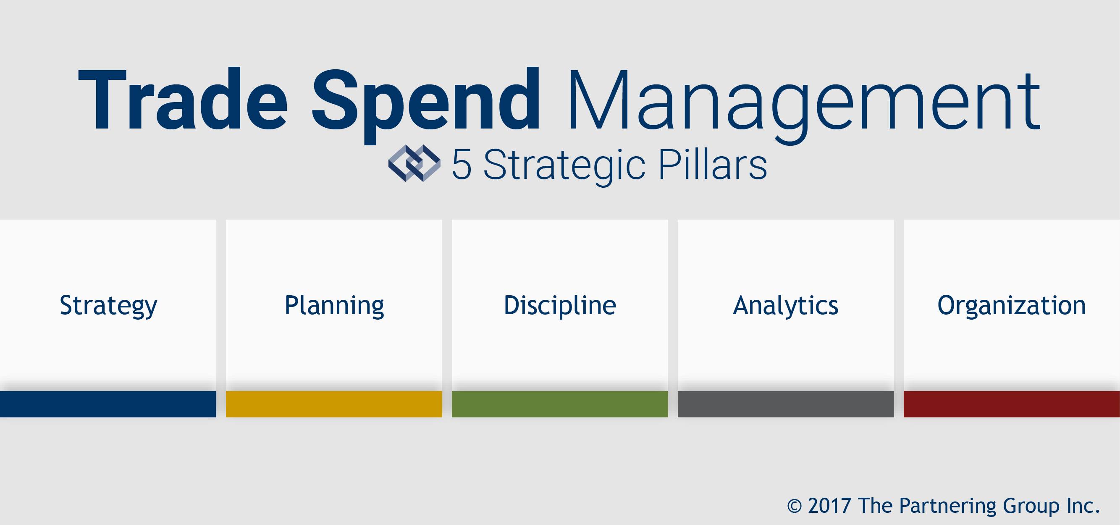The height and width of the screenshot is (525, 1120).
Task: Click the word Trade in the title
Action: pyautogui.click(x=183, y=99)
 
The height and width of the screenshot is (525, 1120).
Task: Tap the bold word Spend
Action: pyautogui.click(x=426, y=105)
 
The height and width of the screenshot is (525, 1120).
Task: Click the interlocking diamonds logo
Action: pyautogui.click(x=414, y=163)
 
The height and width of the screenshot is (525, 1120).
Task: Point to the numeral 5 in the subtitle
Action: pyautogui.click(x=462, y=164)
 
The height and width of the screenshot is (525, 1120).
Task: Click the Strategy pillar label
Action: pyautogui.click(x=108, y=306)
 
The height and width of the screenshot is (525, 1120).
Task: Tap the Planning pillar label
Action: pyautogui.click(x=334, y=306)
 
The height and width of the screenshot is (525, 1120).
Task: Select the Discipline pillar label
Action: pyautogui.click(x=560, y=305)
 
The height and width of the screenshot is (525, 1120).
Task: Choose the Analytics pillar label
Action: pyautogui.click(x=786, y=306)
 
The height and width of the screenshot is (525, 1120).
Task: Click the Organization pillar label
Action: pyautogui.click(x=1011, y=306)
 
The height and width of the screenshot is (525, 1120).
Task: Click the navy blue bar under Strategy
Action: pyautogui.click(x=108, y=404)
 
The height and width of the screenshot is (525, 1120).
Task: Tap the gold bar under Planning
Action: pyautogui.click(x=334, y=404)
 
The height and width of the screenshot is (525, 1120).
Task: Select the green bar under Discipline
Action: pyautogui.click(x=560, y=404)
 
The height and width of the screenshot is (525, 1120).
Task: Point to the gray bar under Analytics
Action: pyautogui.click(x=786, y=404)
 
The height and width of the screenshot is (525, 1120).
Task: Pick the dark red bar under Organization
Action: pyautogui.click(x=1012, y=404)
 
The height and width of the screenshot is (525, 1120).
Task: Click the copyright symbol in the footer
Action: pyautogui.click(x=795, y=506)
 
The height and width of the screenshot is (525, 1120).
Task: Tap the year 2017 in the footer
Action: pyautogui.click(x=829, y=505)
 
